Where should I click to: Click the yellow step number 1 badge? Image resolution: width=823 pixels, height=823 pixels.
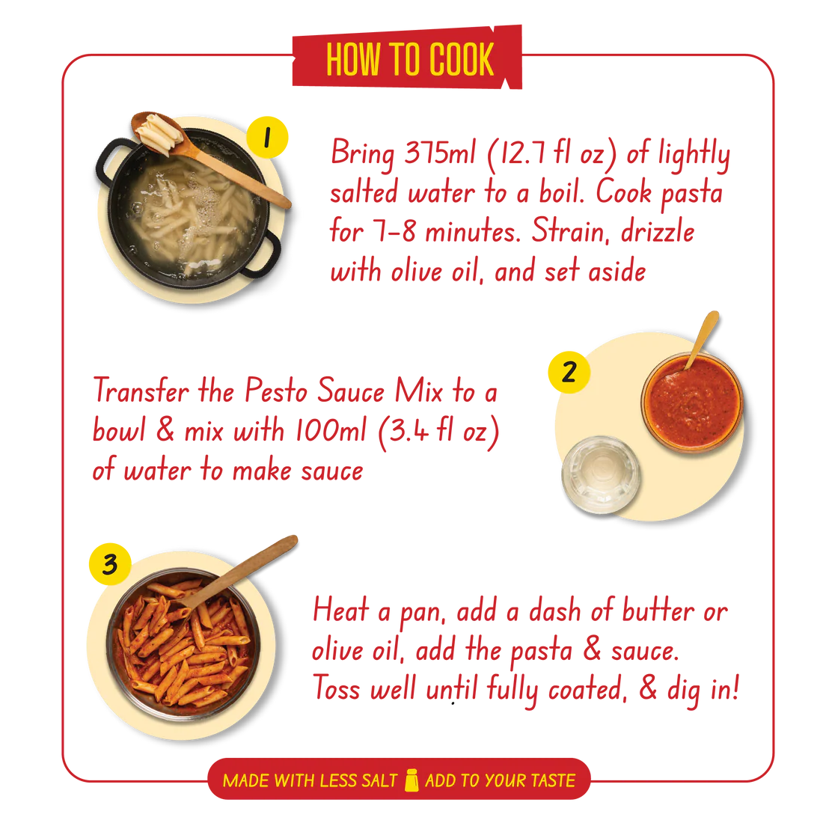click(x=267, y=138)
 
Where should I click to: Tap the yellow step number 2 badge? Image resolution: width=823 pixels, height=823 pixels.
click(x=569, y=372)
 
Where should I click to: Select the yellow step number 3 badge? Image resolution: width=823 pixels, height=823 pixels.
click(x=110, y=564)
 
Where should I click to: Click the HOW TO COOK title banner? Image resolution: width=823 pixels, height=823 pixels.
click(x=407, y=58)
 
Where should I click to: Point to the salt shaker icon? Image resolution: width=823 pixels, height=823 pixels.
click(x=411, y=780)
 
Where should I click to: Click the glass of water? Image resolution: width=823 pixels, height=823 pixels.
click(x=601, y=475)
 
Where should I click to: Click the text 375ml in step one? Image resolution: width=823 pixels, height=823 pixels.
click(x=439, y=153)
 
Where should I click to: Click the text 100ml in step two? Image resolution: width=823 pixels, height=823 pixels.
click(x=330, y=430)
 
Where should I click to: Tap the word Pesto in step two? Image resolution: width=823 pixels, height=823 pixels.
click(x=276, y=391)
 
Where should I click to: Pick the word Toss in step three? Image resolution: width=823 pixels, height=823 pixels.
click(x=337, y=688)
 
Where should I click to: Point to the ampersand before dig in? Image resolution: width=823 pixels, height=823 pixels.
click(x=648, y=687)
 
